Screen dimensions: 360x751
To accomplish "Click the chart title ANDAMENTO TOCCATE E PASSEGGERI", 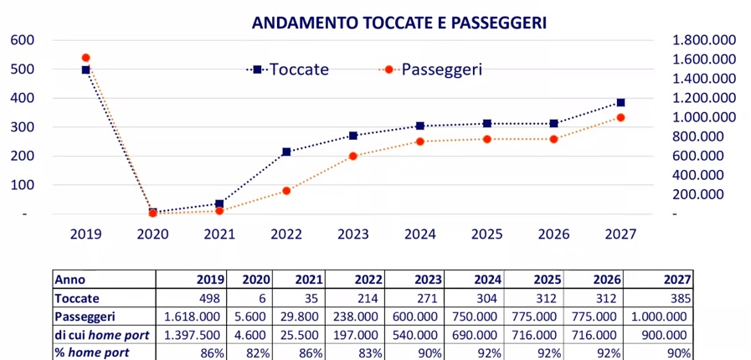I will [x=399, y=23].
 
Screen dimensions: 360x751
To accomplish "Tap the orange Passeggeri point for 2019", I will [x=85, y=58].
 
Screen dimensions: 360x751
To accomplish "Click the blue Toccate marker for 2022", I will [x=286, y=152].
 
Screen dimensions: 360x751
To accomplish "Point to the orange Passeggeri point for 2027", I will [x=620, y=117].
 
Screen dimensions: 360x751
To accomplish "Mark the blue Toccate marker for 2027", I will [x=620, y=102].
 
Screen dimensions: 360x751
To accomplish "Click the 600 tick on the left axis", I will [x=23, y=39].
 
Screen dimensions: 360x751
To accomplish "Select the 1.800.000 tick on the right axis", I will [x=704, y=39].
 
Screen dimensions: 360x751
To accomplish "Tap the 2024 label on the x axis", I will [x=419, y=234].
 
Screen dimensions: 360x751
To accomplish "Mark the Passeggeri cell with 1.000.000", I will [x=659, y=317].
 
